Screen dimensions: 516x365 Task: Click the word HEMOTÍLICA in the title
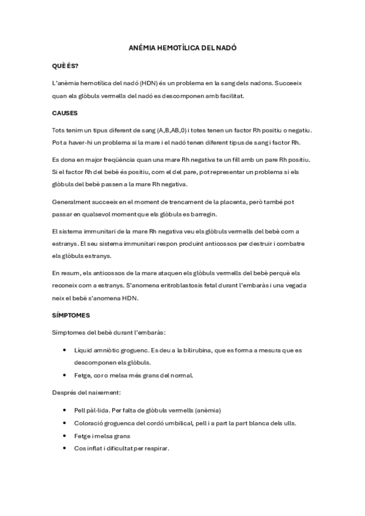coord(175,47)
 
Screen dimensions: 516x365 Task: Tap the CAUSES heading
coord(65,113)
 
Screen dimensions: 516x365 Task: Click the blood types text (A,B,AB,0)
coord(174,130)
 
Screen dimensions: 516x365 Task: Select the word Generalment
coord(73,201)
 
